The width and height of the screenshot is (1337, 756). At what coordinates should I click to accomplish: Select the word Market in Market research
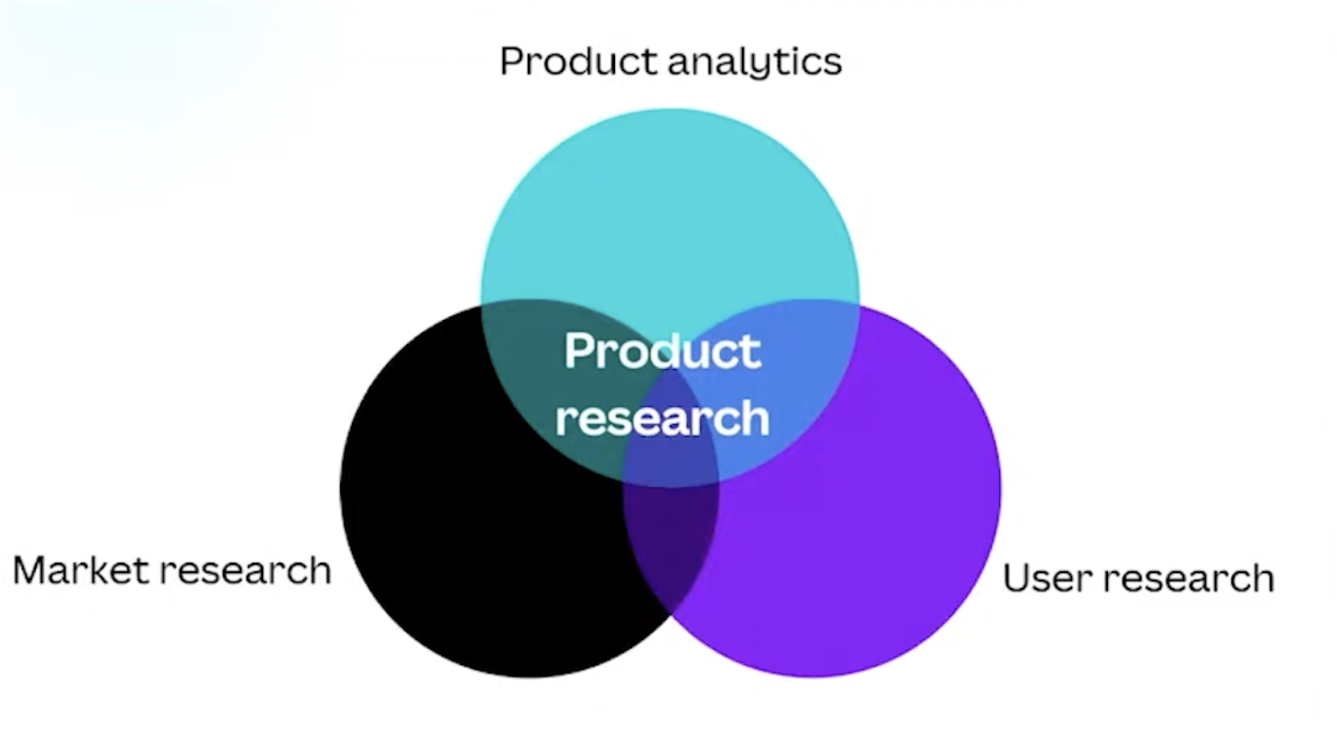(x=79, y=571)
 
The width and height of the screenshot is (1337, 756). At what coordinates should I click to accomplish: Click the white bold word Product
(x=662, y=351)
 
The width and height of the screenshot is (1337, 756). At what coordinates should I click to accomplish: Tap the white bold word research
(x=662, y=418)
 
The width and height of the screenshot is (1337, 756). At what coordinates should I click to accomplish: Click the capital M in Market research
(x=30, y=571)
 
